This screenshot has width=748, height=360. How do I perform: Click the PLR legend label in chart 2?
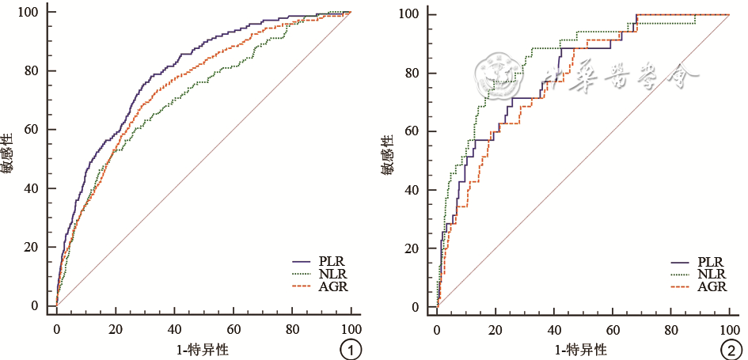point(713,260)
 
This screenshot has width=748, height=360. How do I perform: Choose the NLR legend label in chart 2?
point(713,273)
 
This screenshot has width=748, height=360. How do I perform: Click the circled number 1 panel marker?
point(350,348)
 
